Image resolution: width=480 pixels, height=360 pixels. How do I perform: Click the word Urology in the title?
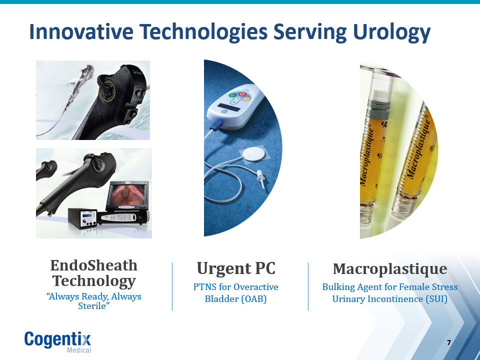(x=392, y=32)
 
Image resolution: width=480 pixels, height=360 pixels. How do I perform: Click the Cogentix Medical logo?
(x=58, y=341)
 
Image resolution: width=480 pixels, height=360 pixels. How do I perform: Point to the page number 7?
(x=449, y=342)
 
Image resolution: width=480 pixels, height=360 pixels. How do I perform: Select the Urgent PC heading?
(x=236, y=268)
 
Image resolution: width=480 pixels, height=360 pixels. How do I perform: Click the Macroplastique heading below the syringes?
(x=389, y=269)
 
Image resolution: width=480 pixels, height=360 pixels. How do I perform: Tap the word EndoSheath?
(x=93, y=265)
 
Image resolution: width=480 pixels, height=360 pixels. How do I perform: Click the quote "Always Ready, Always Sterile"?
(x=93, y=301)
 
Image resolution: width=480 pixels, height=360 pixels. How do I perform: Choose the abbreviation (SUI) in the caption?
(x=436, y=299)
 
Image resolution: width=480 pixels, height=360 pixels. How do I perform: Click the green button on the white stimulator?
(x=232, y=95)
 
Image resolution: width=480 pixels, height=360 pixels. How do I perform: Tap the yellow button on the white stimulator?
(x=246, y=99)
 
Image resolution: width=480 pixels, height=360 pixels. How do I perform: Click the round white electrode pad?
(x=252, y=154)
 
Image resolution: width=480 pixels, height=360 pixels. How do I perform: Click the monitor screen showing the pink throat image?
(x=128, y=194)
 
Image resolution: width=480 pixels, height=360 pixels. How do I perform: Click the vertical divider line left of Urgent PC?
(x=172, y=286)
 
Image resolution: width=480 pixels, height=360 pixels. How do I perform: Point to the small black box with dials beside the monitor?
(x=82, y=218)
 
